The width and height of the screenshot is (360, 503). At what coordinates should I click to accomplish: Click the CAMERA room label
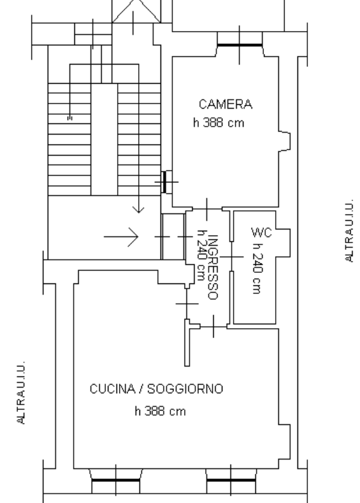[x=226, y=105]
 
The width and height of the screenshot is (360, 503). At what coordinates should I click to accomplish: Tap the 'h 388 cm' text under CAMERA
[x=219, y=123]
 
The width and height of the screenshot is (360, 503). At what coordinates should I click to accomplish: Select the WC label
[x=261, y=232]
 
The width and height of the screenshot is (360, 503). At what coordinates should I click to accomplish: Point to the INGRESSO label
[x=214, y=267]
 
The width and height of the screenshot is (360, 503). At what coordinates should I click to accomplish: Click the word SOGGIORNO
[x=185, y=389]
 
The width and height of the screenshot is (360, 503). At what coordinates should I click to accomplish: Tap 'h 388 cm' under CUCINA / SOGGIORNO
[x=160, y=411]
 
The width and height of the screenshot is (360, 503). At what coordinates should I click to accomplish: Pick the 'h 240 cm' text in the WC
[x=257, y=269]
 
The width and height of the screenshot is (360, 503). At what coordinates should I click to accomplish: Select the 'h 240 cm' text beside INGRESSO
[x=201, y=255]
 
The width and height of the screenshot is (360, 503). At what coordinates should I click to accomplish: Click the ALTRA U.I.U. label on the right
[x=349, y=231]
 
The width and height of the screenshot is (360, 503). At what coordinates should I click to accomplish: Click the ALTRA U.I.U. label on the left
[x=20, y=393]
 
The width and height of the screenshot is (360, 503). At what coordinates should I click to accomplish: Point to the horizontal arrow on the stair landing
[x=121, y=237]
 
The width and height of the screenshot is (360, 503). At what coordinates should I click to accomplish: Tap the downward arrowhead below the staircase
[x=139, y=210]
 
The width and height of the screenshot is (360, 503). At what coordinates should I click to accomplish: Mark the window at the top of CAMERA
[x=239, y=45]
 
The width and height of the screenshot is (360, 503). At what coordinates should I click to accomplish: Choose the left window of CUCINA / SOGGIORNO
[x=116, y=480]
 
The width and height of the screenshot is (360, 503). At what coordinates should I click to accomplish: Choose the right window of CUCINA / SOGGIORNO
[x=231, y=480]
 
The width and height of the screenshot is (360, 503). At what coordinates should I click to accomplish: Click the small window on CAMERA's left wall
[x=165, y=182]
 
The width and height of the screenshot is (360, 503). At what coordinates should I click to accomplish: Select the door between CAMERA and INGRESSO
[x=207, y=209]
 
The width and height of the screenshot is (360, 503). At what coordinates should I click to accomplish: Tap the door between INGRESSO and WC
[x=232, y=257]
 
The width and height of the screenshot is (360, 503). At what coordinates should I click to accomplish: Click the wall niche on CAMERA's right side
[x=284, y=141]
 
